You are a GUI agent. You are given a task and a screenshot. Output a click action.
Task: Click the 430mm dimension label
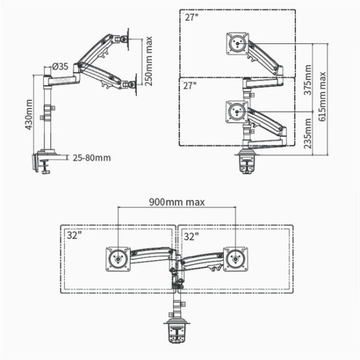(28, 115)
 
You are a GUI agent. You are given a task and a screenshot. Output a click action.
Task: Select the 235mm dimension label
(308, 134)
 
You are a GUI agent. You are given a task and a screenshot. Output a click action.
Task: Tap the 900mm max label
(177, 202)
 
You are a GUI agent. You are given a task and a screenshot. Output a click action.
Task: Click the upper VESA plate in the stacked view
(236, 42)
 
